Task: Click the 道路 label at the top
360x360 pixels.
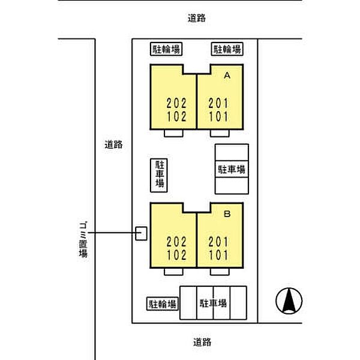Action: coord(196,19)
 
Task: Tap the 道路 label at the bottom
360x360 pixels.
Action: coord(202,343)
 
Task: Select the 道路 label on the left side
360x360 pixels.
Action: coord(113,144)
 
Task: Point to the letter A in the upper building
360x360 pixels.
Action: coord(227,76)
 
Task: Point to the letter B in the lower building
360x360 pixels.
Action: coord(227,213)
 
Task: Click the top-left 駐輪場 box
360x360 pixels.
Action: coord(166,49)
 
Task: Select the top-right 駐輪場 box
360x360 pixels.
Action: coord(227,49)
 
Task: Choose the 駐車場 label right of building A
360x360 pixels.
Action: coord(231,170)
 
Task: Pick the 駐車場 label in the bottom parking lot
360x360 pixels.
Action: coord(213,304)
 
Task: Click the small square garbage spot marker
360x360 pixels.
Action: coord(141,233)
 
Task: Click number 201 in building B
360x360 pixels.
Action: coord(218,242)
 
